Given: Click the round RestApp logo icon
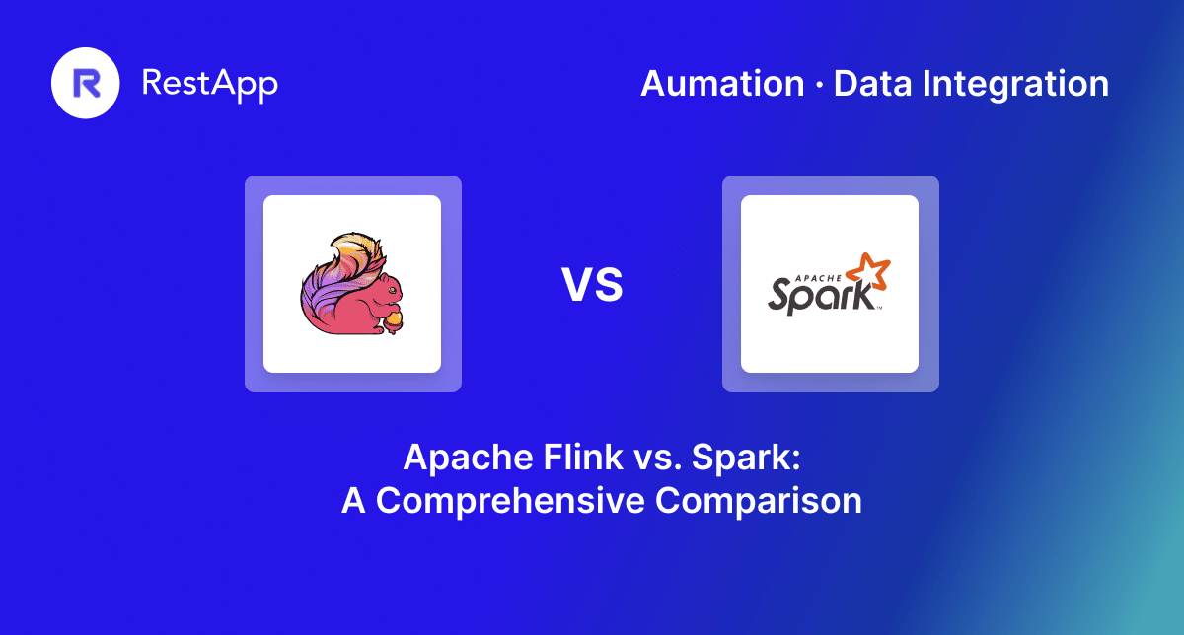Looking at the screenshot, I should pyautogui.click(x=86, y=84).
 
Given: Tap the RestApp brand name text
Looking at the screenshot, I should pyautogui.click(x=210, y=84).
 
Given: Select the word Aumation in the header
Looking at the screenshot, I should pyautogui.click(x=722, y=84).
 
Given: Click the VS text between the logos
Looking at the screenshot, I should pyautogui.click(x=592, y=285).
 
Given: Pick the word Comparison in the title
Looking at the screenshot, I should pyautogui.click(x=759, y=500).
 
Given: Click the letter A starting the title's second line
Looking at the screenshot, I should pyautogui.click(x=353, y=500).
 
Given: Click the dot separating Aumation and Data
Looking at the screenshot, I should pyautogui.click(x=819, y=85).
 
